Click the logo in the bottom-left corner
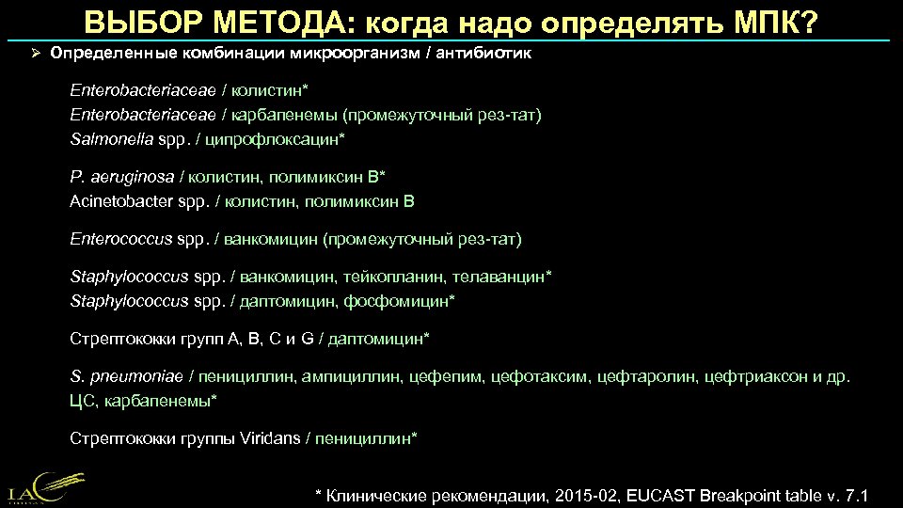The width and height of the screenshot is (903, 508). (38, 484)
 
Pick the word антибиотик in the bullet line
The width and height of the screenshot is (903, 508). (486, 54)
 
